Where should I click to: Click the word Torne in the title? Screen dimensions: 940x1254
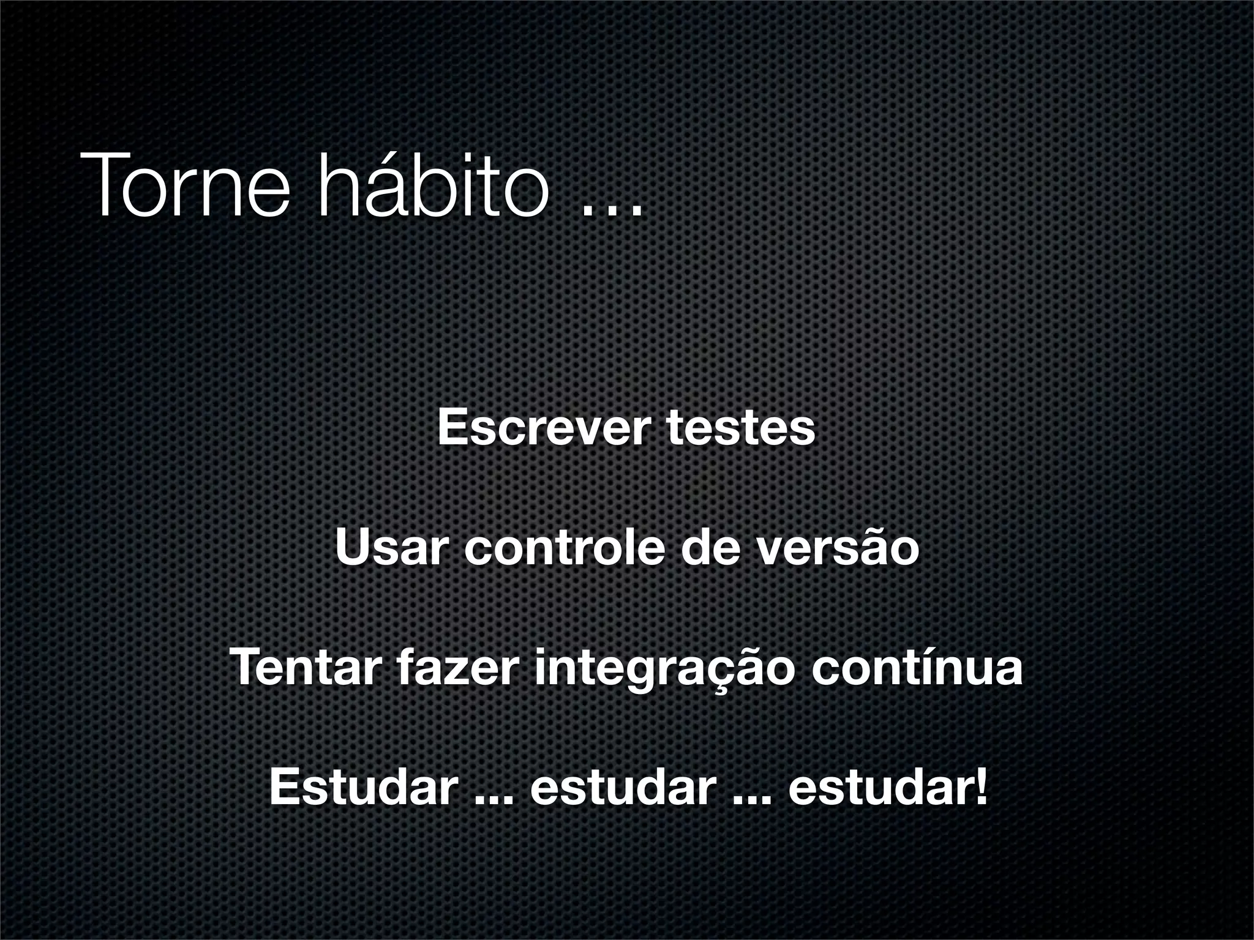184,184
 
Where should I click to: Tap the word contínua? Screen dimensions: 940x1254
917,668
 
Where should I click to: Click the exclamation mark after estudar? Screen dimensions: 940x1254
981,786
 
